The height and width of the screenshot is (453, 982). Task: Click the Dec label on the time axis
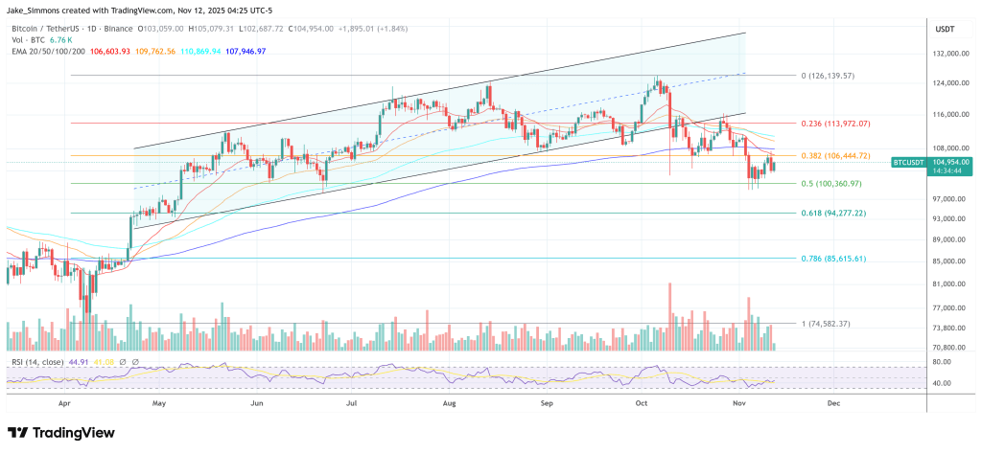click(832, 404)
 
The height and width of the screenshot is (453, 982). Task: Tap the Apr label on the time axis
click(65, 404)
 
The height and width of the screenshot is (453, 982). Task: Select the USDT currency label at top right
click(944, 28)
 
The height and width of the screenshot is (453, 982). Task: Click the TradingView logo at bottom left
click(61, 432)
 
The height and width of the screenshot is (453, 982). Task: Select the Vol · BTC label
click(30, 39)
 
